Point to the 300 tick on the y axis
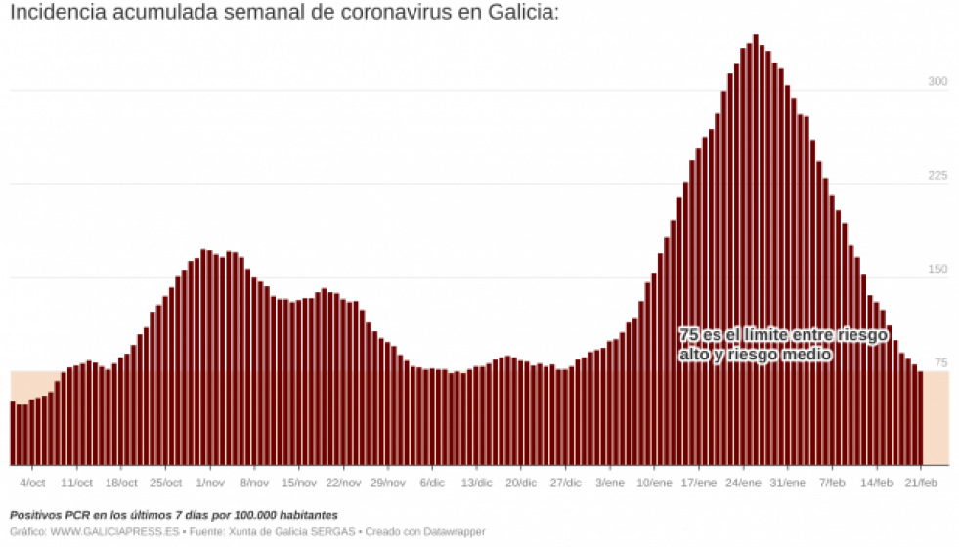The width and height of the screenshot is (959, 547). [x=937, y=82]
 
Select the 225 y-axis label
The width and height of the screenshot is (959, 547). [x=937, y=176]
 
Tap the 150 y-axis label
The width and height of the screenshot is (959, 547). [x=937, y=269]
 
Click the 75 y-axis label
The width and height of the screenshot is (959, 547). [x=940, y=363]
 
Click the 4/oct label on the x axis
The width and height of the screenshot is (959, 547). [x=32, y=483]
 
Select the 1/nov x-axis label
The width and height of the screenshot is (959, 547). [x=209, y=483]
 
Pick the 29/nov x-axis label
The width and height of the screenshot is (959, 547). [x=387, y=483]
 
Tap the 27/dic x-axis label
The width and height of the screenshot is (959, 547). [x=565, y=483]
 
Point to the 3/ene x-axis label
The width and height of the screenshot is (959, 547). [x=609, y=483]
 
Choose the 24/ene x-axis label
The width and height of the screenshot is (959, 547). [x=743, y=483]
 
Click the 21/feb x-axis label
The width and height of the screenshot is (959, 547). [x=921, y=483]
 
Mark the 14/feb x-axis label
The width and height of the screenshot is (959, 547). [x=877, y=483]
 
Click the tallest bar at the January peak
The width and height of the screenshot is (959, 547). [x=756, y=250]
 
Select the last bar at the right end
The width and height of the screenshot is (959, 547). [x=920, y=418]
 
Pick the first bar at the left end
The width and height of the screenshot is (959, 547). [x=13, y=434]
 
